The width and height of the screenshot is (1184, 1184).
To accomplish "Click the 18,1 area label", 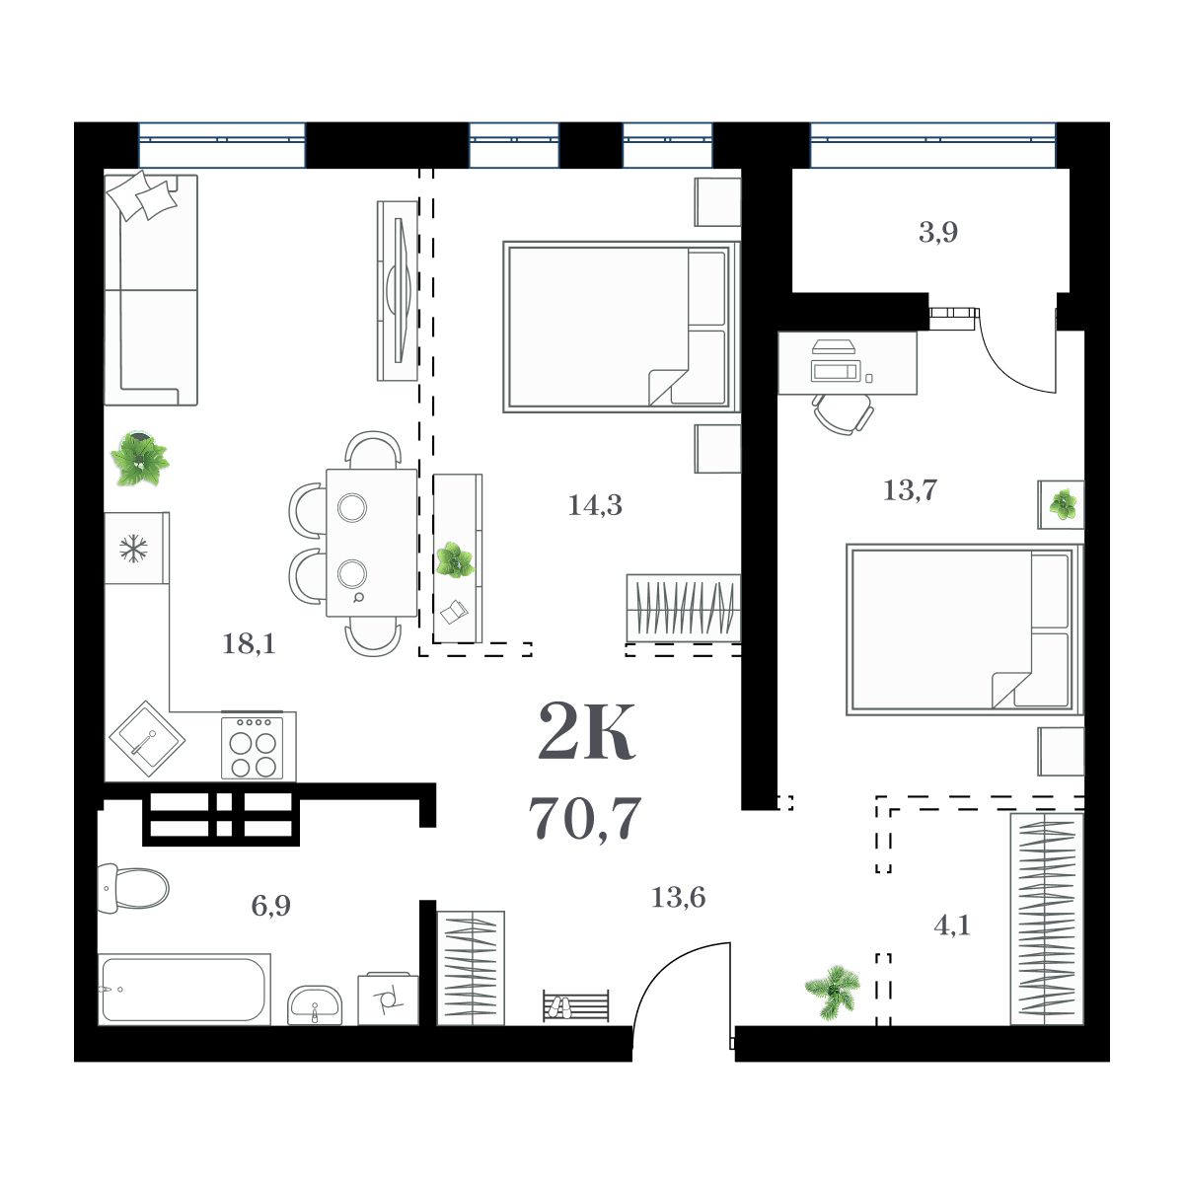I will [x=249, y=645].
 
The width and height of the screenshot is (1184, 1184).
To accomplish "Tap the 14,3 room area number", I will [x=595, y=506].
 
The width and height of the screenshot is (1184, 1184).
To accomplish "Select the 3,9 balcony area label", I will [x=938, y=234].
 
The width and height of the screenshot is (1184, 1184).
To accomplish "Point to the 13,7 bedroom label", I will [x=910, y=489].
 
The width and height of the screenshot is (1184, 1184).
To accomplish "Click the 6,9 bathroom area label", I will [x=270, y=906].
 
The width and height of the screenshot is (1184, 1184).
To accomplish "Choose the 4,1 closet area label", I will [x=951, y=926].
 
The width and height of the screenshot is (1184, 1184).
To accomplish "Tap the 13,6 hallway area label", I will [x=679, y=898].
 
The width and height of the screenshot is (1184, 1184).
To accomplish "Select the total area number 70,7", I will [x=585, y=818].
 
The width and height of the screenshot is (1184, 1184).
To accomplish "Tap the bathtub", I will [x=184, y=990].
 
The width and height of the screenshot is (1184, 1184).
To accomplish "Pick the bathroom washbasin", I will [x=315, y=1005].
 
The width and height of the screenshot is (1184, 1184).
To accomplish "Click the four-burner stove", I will [x=253, y=747].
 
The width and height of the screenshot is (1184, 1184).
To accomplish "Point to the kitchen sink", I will [x=144, y=741].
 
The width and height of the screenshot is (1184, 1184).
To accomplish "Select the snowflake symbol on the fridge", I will [x=131, y=549].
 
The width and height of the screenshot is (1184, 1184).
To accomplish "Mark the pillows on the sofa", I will [x=144, y=196].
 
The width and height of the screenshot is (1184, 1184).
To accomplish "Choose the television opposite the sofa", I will [x=399, y=290].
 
